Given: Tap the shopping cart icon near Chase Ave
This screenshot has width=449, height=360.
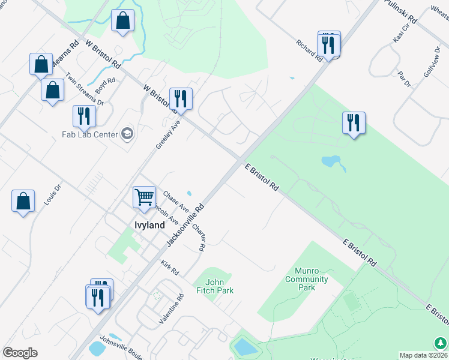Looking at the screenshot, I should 144,196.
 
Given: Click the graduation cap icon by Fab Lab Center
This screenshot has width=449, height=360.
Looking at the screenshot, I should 127,133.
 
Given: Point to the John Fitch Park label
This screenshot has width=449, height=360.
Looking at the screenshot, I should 219,286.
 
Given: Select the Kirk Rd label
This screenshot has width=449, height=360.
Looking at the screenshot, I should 170,268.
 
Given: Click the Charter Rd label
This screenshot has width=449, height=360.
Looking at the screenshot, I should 199,237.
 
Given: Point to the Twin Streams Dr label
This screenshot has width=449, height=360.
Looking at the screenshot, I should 85,89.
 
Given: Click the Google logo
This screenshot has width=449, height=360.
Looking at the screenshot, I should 20,353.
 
